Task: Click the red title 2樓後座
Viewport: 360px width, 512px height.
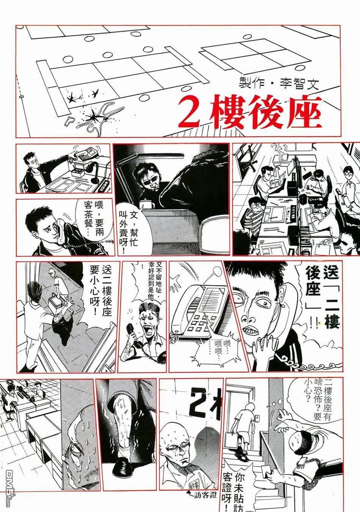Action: click(250, 113)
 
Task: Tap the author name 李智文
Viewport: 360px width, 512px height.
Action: click(299, 83)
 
